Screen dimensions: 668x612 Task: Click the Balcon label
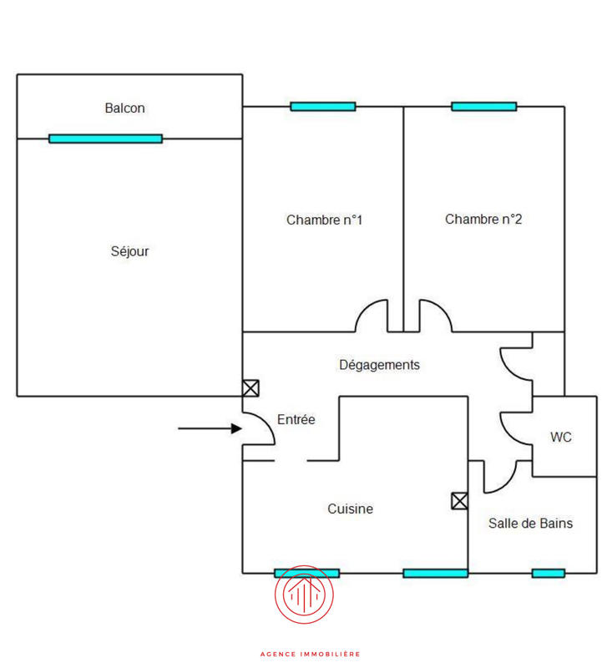(125, 108)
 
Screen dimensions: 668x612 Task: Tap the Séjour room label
(129, 250)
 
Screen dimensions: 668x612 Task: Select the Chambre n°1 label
(324, 220)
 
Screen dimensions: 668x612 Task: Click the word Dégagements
(379, 365)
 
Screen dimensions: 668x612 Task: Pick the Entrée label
(296, 420)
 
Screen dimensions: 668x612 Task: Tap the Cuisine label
(350, 509)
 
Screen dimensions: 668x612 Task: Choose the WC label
(561, 437)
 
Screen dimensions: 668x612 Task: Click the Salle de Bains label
(531, 524)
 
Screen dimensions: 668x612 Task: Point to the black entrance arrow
(210, 429)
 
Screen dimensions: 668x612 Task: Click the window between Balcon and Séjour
(105, 139)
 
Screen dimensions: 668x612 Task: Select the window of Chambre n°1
(322, 107)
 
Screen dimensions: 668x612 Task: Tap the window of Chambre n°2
(483, 107)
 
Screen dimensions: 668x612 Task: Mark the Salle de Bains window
(548, 573)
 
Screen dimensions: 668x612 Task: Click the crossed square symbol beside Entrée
(250, 388)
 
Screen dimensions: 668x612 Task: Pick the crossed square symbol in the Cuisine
(459, 501)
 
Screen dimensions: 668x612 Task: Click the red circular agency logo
(305, 595)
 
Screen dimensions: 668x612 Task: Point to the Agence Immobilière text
(310, 654)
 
